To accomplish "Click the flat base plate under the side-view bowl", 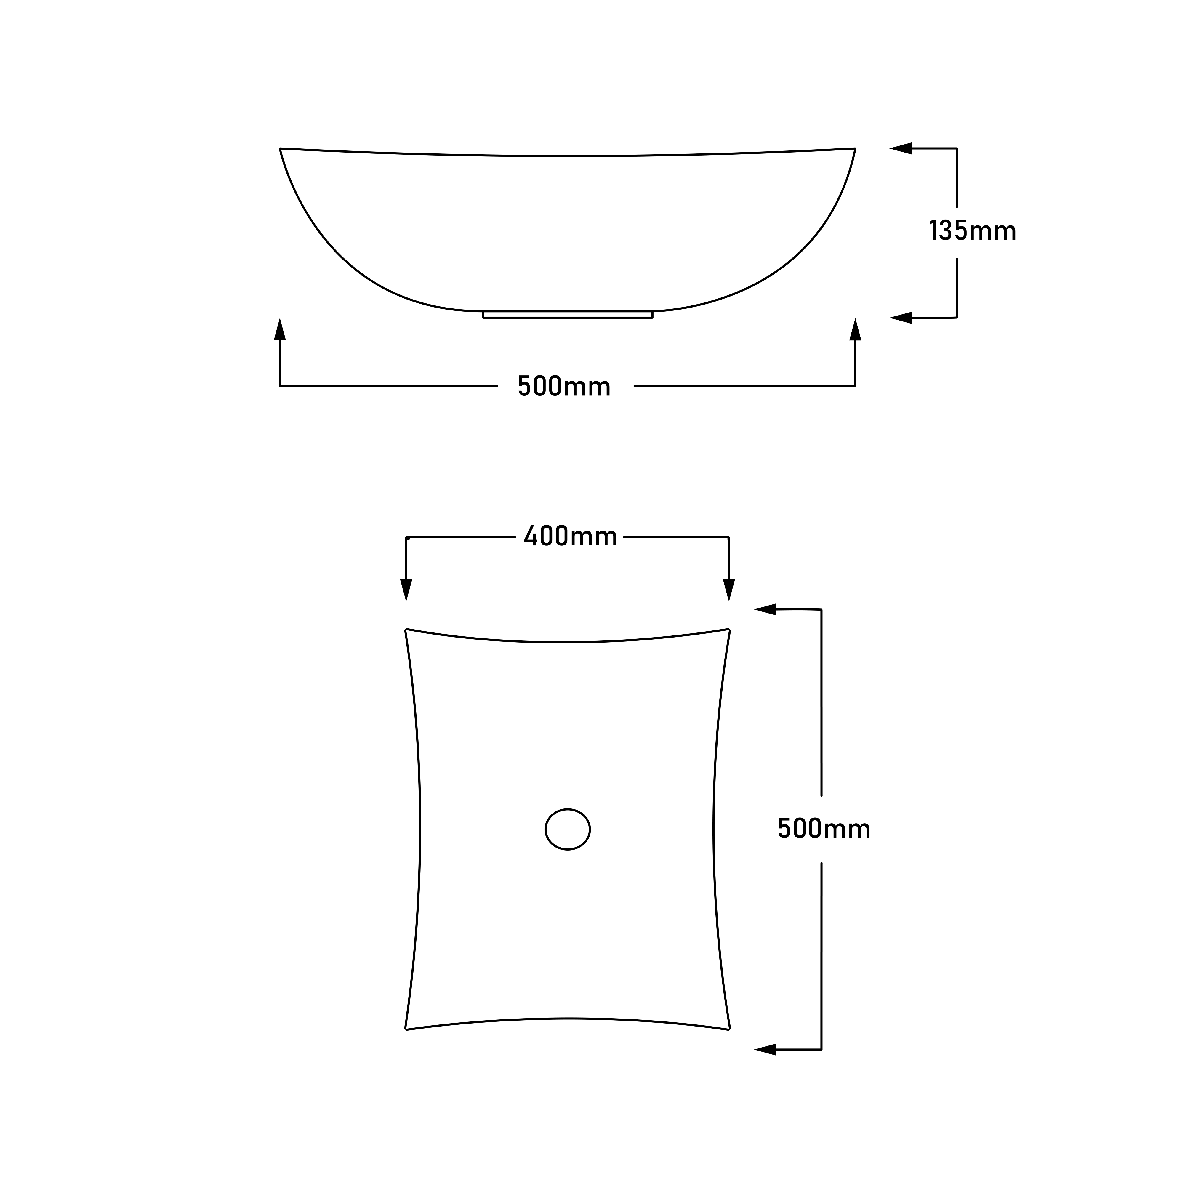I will [567, 315].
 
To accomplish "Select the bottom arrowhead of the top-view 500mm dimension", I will [766, 1049].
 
